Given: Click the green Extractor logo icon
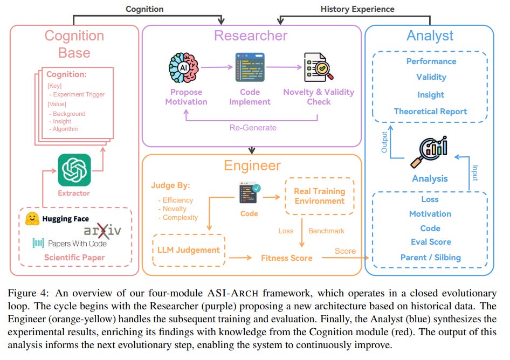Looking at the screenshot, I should point(74,170).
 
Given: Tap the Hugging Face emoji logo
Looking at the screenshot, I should point(32,218).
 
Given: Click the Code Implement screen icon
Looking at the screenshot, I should point(250,67).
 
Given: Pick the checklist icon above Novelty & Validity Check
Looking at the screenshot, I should point(318,67).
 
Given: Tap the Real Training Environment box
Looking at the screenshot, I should point(319,196).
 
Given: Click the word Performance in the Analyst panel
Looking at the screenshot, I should point(431,61).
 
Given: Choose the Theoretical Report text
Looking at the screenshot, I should point(430,112).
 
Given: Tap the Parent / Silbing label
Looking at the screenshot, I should point(430,257).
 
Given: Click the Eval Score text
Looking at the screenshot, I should point(430,242).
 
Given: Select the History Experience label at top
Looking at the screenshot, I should point(357,9).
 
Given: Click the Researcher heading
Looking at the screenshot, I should point(251,36).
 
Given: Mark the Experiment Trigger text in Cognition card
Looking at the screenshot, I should point(79,94).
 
